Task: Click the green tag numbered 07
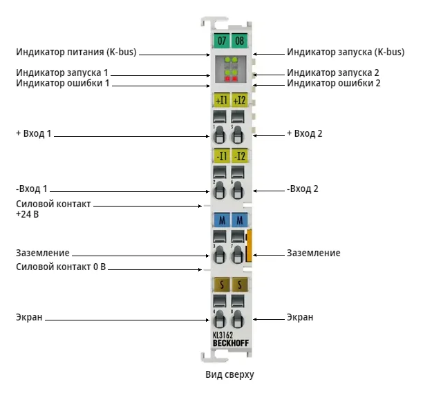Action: coord(221,41)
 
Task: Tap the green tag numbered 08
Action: coord(239,41)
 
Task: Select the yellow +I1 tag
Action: coord(221,100)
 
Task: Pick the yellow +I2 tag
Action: coord(240,100)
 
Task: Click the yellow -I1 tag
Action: coord(221,156)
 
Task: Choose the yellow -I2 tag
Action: coord(240,156)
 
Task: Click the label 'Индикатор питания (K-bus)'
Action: coord(76,52)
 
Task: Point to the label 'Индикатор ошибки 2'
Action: coord(333,83)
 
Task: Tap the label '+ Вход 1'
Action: coord(33,133)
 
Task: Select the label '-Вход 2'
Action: coord(303,189)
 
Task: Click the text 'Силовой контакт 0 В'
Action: coord(61,267)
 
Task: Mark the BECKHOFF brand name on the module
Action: coord(231,343)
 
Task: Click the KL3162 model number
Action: coord(223,335)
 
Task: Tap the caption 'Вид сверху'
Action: coord(229,374)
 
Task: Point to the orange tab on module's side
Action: coord(249,246)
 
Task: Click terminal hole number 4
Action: coord(220,319)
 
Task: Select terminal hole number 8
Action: coord(237,319)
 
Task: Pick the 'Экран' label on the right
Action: coord(300,317)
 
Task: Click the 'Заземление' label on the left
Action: coord(43,253)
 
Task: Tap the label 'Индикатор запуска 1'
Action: coord(62,73)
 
